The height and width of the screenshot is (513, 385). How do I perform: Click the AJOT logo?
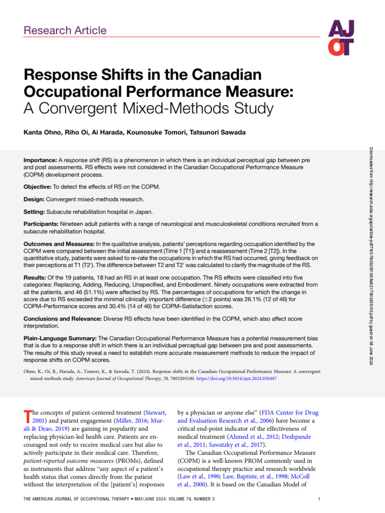click(x=341, y=38)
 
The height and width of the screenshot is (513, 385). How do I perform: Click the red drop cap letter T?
click(x=27, y=416)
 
